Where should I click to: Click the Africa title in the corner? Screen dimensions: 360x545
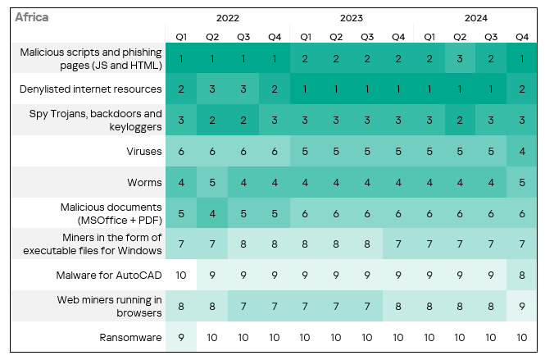click(32, 17)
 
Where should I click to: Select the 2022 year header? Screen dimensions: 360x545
click(228, 17)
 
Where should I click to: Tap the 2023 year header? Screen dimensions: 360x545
click(351, 17)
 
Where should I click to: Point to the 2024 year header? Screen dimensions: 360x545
click(475, 17)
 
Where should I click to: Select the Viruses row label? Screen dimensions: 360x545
click(143, 151)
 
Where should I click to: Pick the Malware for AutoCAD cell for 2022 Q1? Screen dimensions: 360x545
click(181, 275)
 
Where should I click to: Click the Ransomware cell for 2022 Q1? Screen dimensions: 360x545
click(181, 337)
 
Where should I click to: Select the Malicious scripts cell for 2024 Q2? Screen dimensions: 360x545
click(460, 58)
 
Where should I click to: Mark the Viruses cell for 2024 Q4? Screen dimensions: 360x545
click(522, 151)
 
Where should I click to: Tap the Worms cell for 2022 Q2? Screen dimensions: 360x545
click(212, 182)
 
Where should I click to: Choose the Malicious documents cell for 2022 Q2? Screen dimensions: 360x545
click(212, 213)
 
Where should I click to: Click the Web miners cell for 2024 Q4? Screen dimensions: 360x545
click(522, 306)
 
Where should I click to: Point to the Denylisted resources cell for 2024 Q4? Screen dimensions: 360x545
click(522, 89)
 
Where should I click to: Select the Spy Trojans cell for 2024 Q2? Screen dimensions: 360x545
click(460, 120)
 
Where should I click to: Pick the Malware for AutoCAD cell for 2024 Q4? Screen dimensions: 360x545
click(522, 275)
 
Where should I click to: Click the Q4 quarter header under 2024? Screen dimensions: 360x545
click(522, 36)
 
